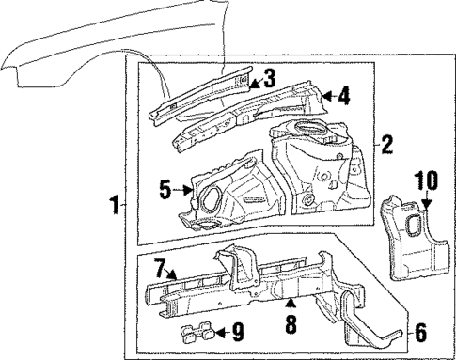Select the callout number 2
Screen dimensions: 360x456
point(386,146)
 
